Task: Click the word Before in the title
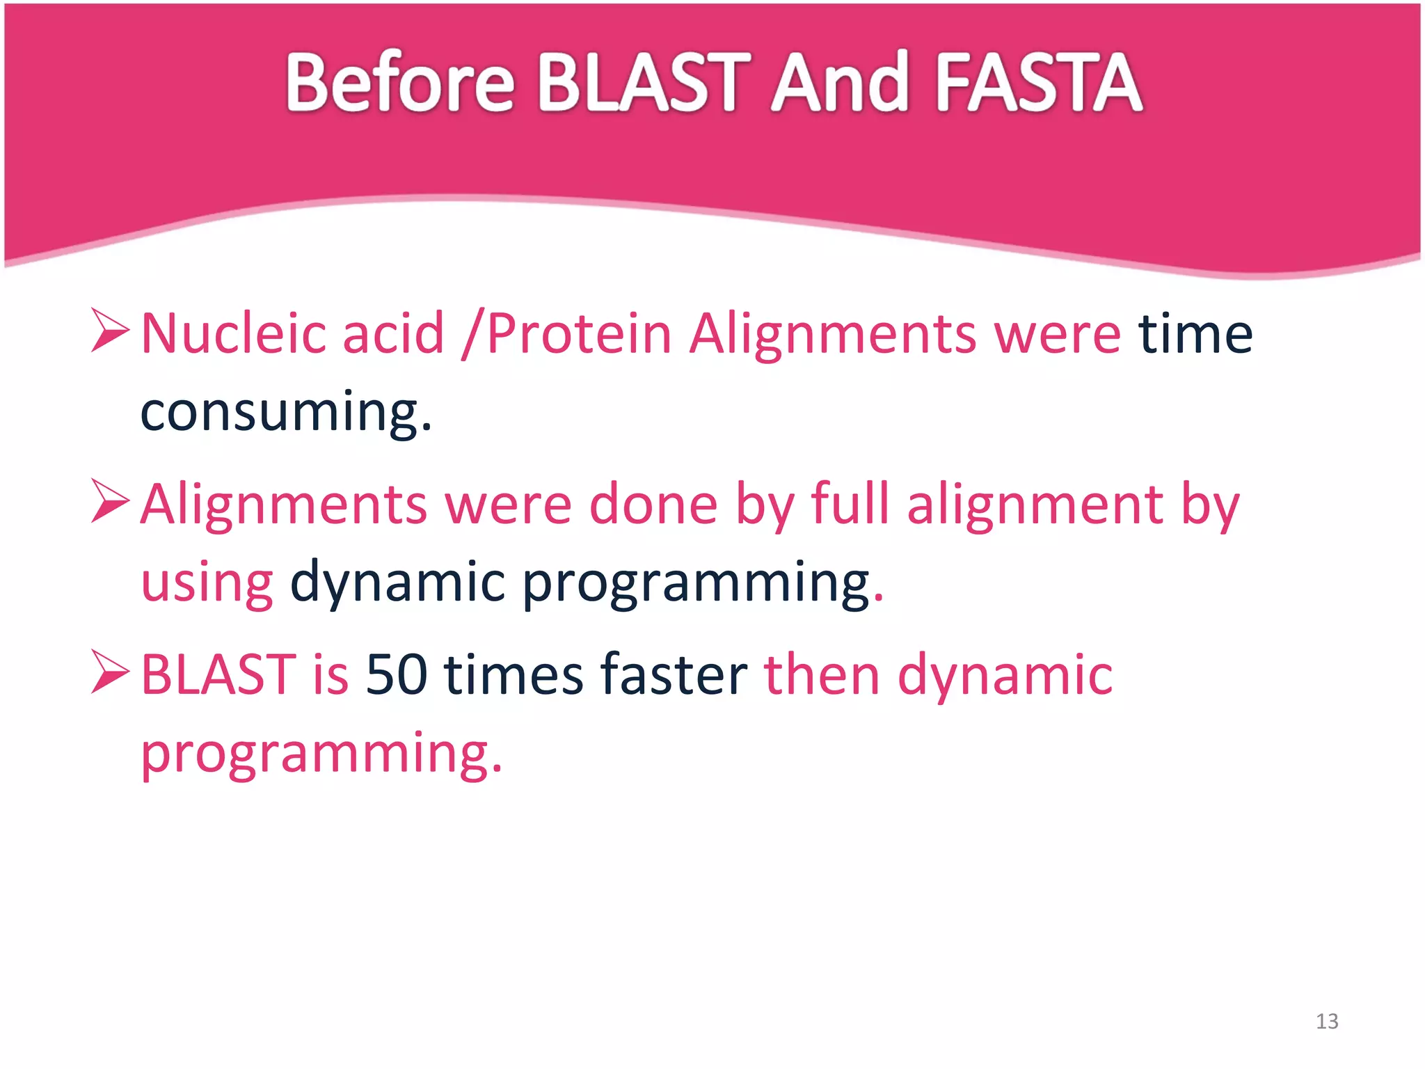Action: click(x=399, y=83)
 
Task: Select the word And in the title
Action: click(x=840, y=83)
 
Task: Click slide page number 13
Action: click(x=1327, y=1021)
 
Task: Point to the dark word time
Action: click(x=1195, y=334)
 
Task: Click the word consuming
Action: click(x=285, y=412)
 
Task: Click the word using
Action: click(x=207, y=583)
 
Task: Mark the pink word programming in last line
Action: click(x=320, y=753)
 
